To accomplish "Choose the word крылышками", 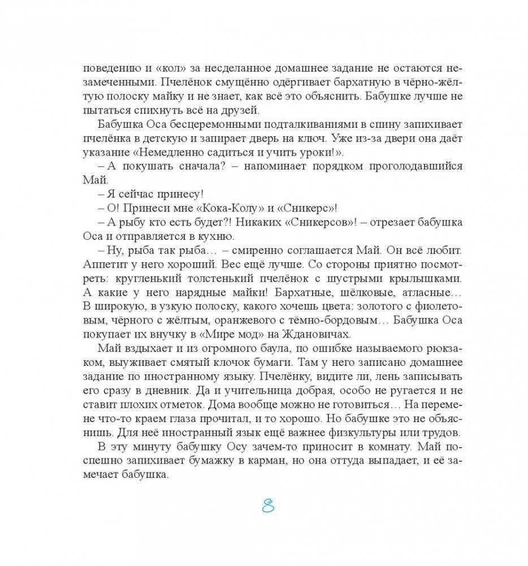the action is (424, 279).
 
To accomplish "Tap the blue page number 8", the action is (267, 506).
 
